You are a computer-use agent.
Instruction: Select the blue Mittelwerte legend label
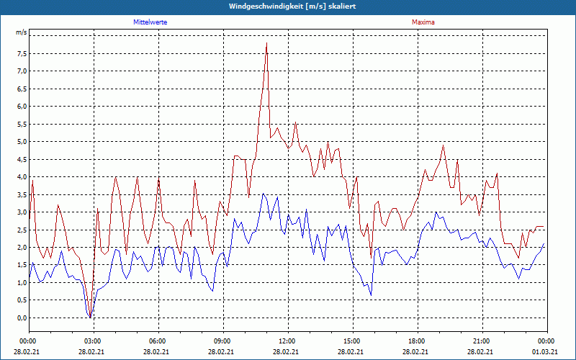150,22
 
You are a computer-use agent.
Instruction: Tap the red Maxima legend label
423,22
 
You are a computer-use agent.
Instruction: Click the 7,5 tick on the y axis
21,53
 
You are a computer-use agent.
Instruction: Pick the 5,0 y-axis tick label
21,142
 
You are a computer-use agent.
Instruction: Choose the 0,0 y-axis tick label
21,318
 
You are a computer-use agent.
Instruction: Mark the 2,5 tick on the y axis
21,230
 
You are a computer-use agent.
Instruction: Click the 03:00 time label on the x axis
93,341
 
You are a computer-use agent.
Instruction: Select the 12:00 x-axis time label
287,341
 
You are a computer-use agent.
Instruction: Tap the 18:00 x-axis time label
417,341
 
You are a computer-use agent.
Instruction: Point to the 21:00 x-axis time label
482,341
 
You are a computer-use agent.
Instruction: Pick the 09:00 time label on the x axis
222,341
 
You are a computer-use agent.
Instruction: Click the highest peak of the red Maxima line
266,43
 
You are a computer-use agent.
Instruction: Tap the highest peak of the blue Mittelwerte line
264,194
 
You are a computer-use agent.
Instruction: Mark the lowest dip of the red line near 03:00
90,315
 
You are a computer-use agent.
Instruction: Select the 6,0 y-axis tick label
21,107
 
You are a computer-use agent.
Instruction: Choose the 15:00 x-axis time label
352,341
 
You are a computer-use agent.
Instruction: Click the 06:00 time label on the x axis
158,341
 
